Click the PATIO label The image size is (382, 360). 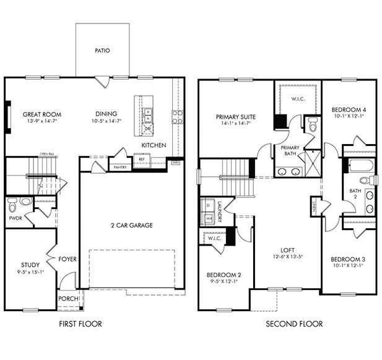[102, 51]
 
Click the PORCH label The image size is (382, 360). [68, 299]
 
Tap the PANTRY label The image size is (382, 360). [120, 167]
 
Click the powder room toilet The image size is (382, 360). [25, 201]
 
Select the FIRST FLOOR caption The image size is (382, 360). [80, 324]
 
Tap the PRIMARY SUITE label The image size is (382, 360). [236, 116]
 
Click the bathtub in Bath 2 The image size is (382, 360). [358, 166]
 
